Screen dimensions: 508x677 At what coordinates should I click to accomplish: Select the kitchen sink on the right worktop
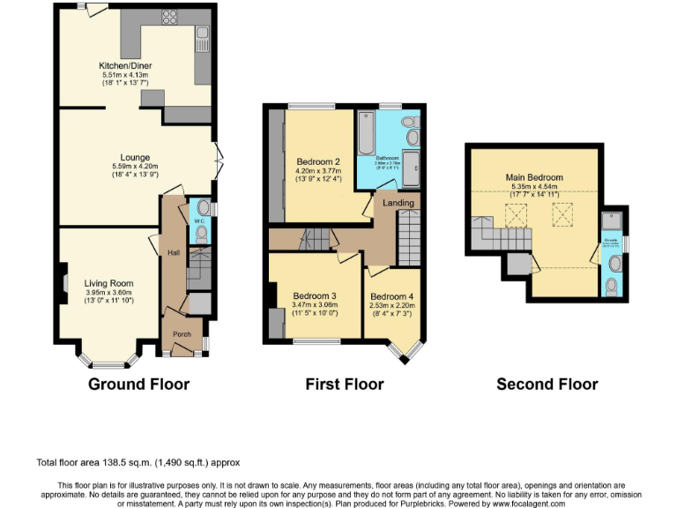(x=203, y=37)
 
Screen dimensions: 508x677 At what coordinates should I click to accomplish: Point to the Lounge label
(x=135, y=158)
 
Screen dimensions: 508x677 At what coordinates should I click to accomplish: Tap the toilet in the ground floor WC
(x=203, y=234)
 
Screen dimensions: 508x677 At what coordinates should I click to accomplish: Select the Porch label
(x=182, y=334)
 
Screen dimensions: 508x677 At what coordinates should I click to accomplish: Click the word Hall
(x=174, y=253)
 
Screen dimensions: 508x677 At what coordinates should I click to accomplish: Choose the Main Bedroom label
(x=534, y=177)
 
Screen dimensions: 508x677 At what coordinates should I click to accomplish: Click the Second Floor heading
(x=547, y=384)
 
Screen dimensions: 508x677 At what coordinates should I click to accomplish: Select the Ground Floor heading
(x=138, y=384)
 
